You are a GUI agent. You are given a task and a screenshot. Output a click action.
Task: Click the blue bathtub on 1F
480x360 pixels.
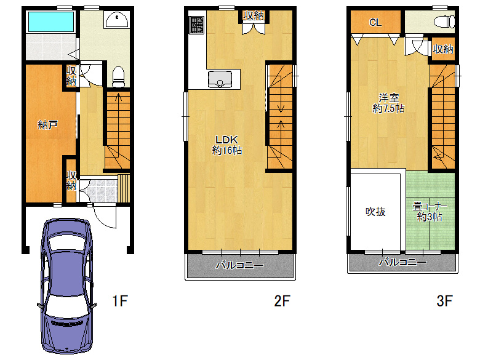coord(51,22)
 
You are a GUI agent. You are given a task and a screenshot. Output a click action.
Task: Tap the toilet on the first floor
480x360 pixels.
coord(119,77)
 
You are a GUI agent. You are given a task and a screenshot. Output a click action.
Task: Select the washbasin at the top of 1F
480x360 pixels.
coord(116,20)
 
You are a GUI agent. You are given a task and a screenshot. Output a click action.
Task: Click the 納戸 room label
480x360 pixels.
coord(48,124)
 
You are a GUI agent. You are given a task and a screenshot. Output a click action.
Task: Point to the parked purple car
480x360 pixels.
coord(67,286)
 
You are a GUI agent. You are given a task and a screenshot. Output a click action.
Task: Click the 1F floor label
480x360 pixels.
coord(120,300)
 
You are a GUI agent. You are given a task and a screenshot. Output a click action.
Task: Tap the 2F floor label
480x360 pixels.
coord(282,300)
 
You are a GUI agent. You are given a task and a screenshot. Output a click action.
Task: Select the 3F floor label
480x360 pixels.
coord(444,300)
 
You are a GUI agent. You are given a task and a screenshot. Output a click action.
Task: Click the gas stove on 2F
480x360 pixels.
coord(196,25)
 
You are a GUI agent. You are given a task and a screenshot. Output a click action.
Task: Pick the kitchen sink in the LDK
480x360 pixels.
coord(220,79)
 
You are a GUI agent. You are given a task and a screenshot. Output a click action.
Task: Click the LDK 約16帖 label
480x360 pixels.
coord(227,145)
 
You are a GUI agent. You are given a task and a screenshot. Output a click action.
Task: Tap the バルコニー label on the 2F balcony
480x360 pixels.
coord(240,265)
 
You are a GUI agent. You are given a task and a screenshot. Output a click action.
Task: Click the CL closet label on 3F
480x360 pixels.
coord(375,22)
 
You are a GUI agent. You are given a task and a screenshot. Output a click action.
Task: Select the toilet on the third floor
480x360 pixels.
coord(444,22)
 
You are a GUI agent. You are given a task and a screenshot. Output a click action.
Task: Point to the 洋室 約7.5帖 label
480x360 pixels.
coord(388,103)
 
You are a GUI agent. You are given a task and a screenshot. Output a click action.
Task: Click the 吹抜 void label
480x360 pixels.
coord(375,212)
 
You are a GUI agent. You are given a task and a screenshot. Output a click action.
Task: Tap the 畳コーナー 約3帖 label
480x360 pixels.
coord(430,212)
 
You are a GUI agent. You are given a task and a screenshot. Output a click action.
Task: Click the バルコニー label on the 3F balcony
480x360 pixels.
coord(402,262)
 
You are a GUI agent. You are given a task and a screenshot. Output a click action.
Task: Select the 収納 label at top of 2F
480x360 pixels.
coord(254,15)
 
